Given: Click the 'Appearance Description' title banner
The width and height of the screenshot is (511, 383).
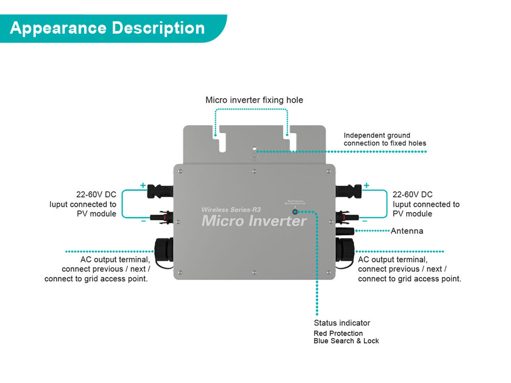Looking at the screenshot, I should click(107, 28).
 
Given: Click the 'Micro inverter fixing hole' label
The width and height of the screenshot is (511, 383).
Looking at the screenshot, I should click(254, 100).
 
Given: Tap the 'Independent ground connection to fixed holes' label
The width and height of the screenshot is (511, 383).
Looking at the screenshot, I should click(384, 139).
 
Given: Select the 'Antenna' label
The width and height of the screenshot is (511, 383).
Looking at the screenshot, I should click(407, 231).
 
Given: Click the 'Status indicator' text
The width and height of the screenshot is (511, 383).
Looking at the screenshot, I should click(342, 323).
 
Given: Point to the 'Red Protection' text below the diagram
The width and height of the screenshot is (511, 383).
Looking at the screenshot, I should click(338, 333).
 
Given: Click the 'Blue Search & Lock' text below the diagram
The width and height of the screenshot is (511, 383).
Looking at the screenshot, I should click(346, 341).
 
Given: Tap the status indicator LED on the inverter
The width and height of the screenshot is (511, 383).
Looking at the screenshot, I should click(295, 211).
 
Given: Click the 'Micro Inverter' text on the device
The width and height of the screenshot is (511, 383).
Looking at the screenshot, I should click(254, 221).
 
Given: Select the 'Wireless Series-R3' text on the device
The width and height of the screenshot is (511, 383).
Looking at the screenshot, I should click(231, 209).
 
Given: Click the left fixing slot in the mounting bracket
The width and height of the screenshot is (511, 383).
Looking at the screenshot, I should click(222, 141).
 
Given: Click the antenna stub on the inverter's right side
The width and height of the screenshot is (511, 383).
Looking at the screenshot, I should click(345, 231).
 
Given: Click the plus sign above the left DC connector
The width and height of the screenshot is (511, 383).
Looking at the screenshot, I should click(143, 185).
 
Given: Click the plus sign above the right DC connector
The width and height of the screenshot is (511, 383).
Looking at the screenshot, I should click(366, 185).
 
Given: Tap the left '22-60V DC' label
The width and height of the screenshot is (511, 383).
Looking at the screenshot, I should click(96, 195).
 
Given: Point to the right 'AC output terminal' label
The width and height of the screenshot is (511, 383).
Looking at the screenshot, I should click(392, 259).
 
